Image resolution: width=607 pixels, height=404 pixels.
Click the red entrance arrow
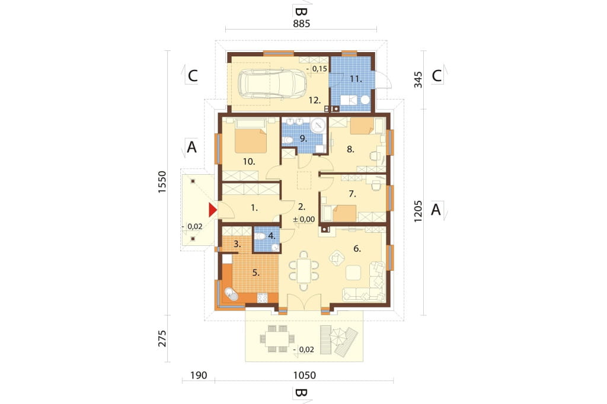(213, 210)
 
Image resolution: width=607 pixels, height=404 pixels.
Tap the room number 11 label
(356, 79)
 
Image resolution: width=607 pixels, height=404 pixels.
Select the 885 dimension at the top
(302, 24)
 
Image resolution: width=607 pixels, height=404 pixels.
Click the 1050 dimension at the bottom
(305, 376)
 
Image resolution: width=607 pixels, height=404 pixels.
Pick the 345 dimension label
(418, 79)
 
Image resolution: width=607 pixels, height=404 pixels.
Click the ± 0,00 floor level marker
(304, 219)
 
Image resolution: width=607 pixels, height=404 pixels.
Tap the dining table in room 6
(304, 271)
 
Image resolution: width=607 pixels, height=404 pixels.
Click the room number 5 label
(256, 273)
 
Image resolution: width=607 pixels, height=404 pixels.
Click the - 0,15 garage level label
(317, 69)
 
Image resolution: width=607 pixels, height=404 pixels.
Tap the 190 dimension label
(199, 376)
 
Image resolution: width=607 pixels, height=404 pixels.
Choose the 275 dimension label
(162, 338)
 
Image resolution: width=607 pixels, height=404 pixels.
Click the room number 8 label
(351, 149)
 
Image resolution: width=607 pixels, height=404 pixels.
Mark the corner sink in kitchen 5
(231, 295)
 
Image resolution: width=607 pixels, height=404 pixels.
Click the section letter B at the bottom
(301, 393)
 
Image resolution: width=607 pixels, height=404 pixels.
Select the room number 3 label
(238, 244)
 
